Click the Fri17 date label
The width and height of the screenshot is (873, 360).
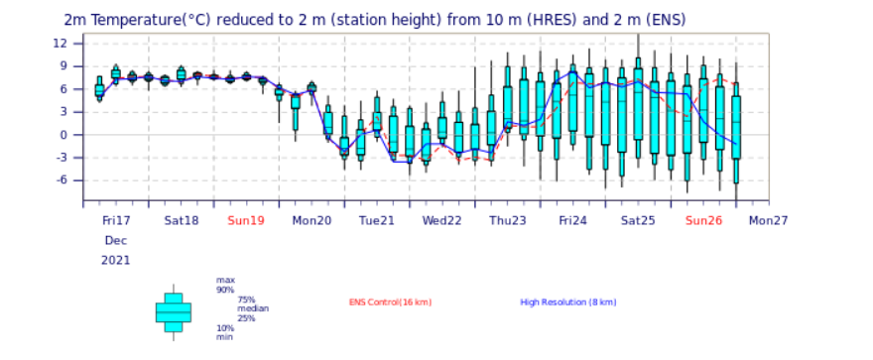[116, 221]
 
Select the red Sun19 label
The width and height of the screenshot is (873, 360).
[246, 221]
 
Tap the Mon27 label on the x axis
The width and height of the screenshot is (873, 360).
[768, 221]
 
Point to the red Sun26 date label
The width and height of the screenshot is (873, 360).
[703, 221]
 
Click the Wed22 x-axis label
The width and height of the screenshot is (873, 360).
[441, 221]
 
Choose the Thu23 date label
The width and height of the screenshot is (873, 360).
[507, 221]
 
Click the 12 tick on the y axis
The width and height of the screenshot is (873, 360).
[74, 44]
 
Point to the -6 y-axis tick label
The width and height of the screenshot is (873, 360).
[74, 180]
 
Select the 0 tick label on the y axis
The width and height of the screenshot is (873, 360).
[77, 135]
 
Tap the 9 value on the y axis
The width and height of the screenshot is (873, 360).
[77, 66]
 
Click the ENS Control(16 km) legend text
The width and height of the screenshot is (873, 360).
[390, 302]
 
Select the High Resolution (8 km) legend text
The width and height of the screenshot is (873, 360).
[567, 302]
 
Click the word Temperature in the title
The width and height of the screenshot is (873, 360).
[125, 20]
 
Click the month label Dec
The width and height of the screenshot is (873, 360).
[116, 241]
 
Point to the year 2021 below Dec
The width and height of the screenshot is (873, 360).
[116, 261]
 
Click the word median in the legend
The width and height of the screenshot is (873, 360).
[253, 308]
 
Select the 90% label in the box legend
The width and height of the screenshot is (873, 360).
[225, 290]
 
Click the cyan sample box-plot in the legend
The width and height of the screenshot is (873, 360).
[174, 312]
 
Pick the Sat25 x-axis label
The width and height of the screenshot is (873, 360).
[638, 221]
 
